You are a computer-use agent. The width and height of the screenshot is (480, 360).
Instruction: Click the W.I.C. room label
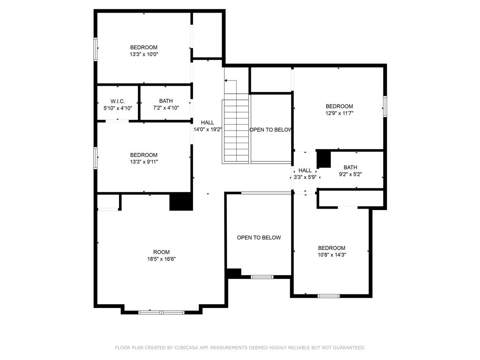tap(118, 104)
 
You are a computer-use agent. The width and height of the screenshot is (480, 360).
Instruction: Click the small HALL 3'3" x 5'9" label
tap(305, 174)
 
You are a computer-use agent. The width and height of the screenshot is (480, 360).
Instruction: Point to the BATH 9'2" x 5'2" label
tap(350, 171)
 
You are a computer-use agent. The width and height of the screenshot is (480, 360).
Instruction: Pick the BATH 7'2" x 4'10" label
tap(165, 104)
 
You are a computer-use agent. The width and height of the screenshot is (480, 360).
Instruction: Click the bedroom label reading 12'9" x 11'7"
tap(339, 110)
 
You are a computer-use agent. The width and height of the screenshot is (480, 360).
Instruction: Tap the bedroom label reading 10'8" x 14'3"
tap(331, 251)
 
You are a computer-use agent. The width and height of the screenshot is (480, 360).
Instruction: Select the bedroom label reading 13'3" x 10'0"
tap(143, 51)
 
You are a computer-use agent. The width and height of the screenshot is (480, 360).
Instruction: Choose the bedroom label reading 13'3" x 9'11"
tap(143, 158)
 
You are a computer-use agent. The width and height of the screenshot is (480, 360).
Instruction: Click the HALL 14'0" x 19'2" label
tap(207, 126)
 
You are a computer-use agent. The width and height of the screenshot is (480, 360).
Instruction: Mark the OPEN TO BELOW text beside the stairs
tap(271, 130)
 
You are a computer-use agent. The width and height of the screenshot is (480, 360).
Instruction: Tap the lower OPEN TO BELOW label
tap(259, 238)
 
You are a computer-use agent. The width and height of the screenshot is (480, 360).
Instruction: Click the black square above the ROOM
tap(181, 202)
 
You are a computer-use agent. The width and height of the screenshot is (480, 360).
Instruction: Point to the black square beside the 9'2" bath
tap(324, 159)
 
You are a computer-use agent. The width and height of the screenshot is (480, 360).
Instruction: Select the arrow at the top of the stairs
tap(227, 81)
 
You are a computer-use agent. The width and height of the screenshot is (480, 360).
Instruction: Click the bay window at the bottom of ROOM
tap(161, 312)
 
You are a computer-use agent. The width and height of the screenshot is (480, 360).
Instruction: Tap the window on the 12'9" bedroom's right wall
tap(385, 106)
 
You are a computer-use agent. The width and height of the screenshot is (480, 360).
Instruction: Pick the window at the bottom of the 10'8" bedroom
tap(328, 296)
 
